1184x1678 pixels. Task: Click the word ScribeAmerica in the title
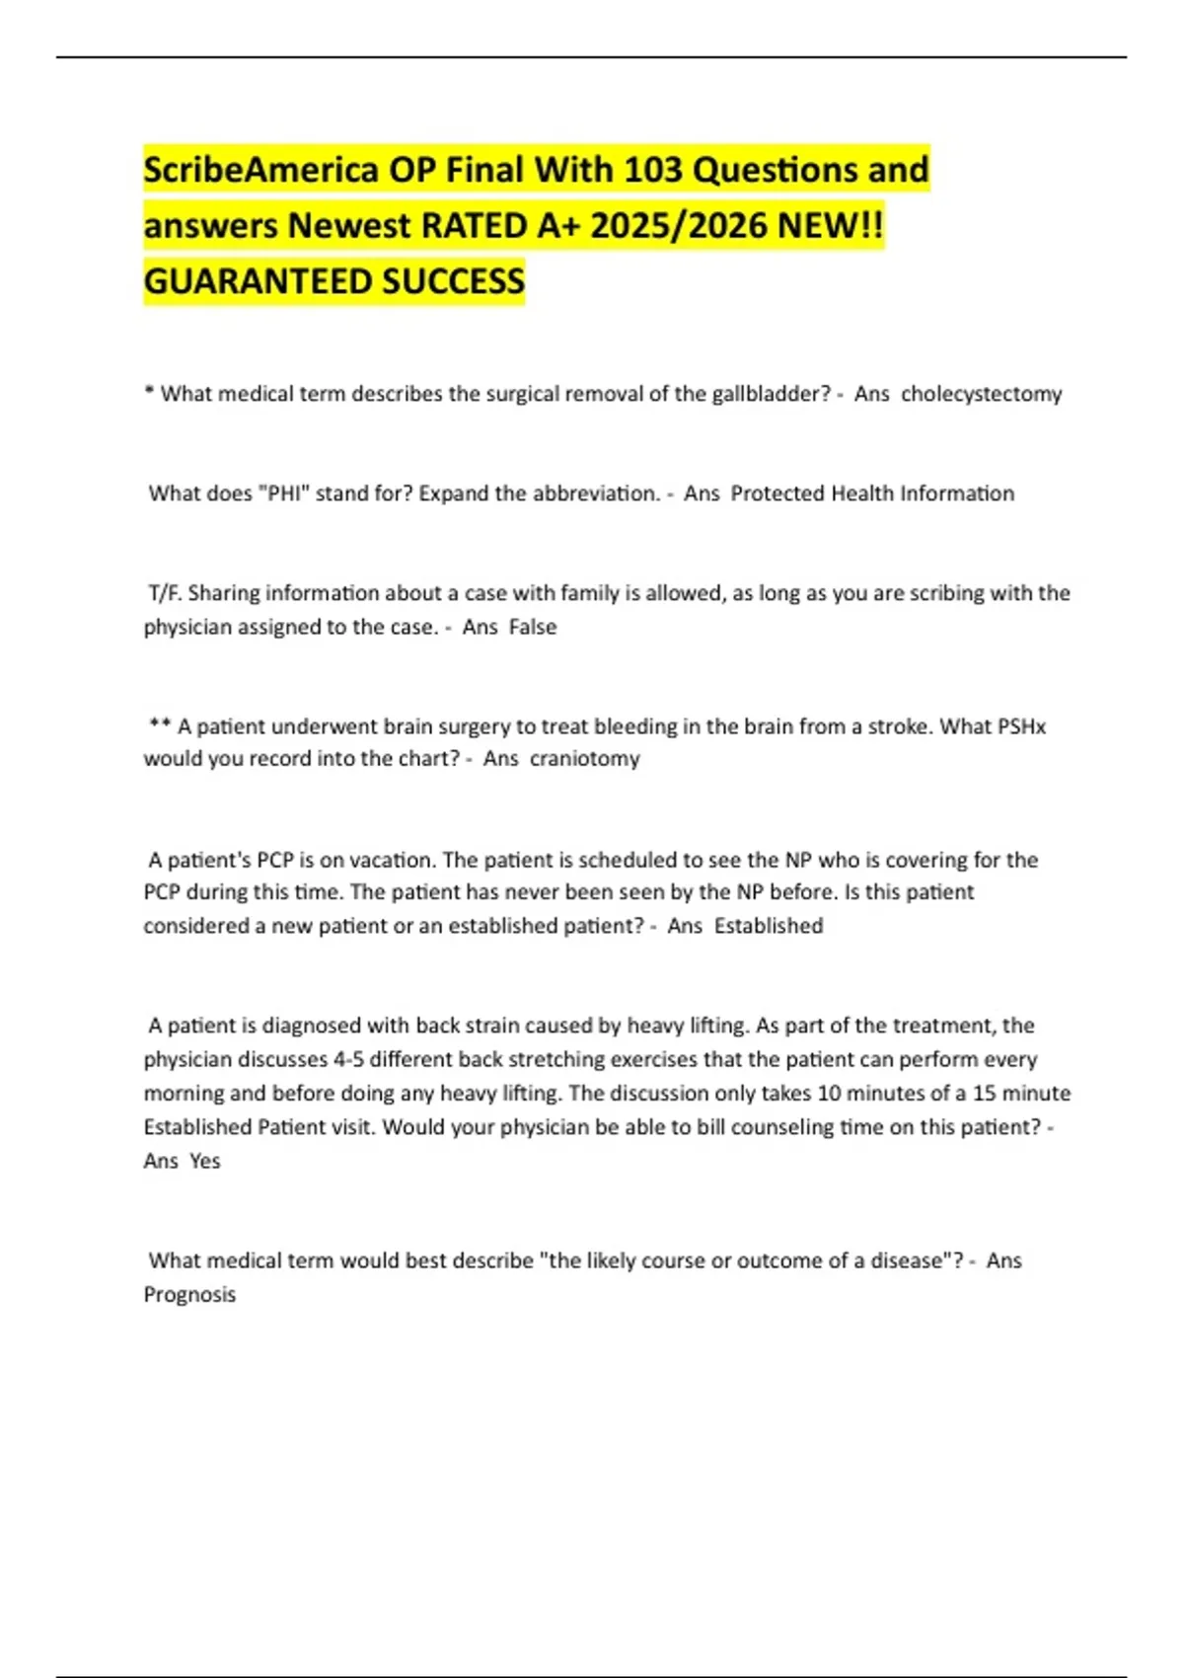pyautogui.click(x=260, y=170)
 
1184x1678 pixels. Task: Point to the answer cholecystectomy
pyautogui.click(x=981, y=394)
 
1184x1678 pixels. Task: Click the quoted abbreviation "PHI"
pyautogui.click(x=283, y=494)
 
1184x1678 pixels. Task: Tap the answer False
pyautogui.click(x=533, y=627)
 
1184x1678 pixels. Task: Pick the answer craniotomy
pyautogui.click(x=584, y=759)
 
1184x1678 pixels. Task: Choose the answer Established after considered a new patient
pyautogui.click(x=769, y=926)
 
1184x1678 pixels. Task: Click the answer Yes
pyautogui.click(x=205, y=1161)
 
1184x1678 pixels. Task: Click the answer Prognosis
pyautogui.click(x=189, y=1294)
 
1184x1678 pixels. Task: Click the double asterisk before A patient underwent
pyautogui.click(x=160, y=725)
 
